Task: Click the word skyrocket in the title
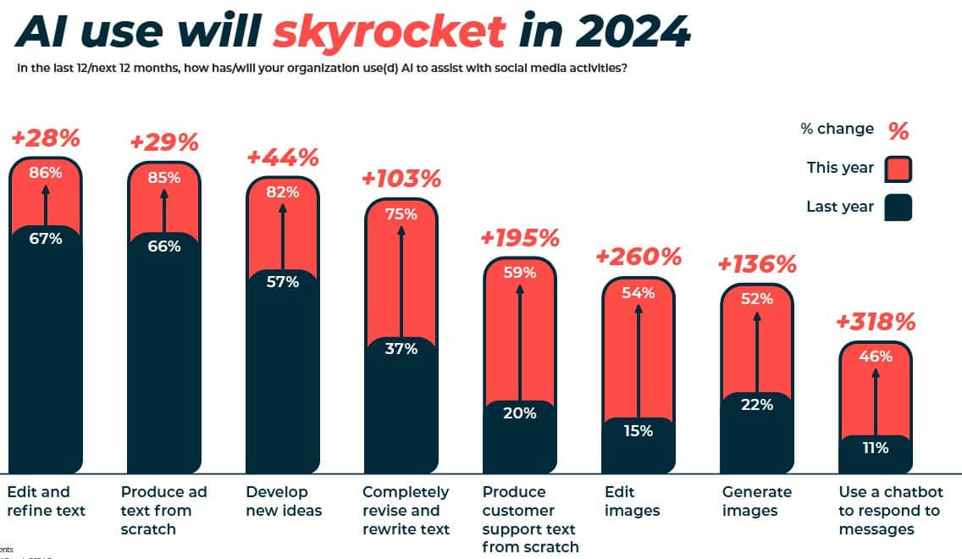tap(389, 32)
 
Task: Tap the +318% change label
tap(876, 322)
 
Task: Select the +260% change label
tap(639, 256)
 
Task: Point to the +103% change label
tap(401, 179)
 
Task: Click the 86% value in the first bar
tap(46, 173)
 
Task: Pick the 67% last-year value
tap(46, 239)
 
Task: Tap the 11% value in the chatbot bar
tap(876, 448)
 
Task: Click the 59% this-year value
tap(520, 273)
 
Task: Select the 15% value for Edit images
tap(639, 431)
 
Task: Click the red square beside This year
tap(898, 169)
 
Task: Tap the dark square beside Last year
tap(898, 208)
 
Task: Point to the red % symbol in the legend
tap(898, 130)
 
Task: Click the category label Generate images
tap(757, 501)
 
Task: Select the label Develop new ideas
tap(284, 501)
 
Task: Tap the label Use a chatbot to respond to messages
tap(889, 510)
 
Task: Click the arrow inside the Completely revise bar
tap(401, 279)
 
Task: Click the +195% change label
tap(520, 237)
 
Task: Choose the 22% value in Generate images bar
tap(757, 405)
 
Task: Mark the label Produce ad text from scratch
tap(163, 510)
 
